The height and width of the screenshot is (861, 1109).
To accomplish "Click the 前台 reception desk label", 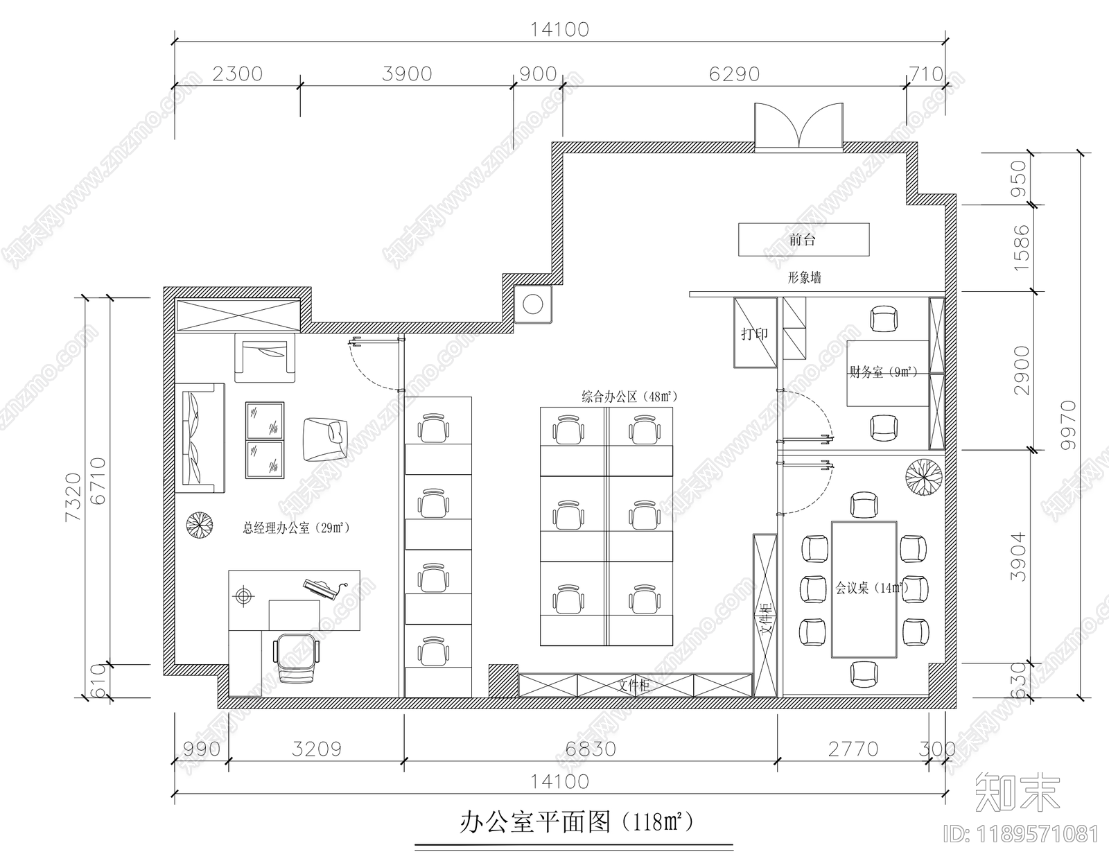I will coord(802,240).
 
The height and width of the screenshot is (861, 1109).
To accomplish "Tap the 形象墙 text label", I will coord(804,278).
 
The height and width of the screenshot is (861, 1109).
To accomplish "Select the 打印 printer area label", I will coord(754,333).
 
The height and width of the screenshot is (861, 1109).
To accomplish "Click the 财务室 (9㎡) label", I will coord(883,372).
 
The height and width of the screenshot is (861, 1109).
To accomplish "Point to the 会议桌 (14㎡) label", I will coord(871,588).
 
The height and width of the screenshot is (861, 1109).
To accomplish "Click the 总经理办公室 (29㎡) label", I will coord(295,528).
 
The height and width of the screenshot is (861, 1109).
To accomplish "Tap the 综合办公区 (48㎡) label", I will coord(628,397).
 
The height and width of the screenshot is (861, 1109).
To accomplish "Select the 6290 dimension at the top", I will coord(734,74).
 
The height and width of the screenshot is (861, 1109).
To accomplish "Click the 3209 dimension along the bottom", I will coord(316,749).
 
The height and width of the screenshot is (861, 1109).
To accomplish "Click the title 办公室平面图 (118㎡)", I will coord(575,823).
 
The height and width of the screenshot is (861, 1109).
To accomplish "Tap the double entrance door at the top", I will coord(798,126).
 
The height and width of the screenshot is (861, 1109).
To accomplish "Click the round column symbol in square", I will coord(533,304).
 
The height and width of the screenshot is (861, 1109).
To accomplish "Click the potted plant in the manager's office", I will coord(200,525).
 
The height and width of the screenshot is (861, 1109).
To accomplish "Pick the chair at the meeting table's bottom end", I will coord(864,674).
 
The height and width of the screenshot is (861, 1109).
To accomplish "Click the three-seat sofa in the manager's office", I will coord(200,438).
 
